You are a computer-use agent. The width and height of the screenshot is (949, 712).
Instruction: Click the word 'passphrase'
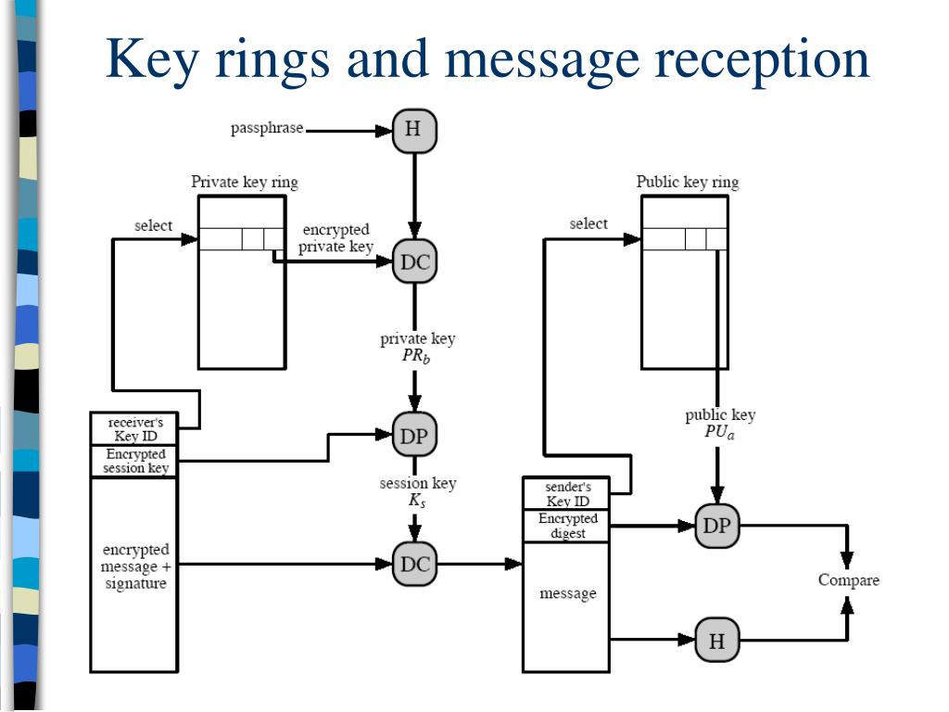[x=267, y=128]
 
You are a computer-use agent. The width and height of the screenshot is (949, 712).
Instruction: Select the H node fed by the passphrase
[x=414, y=130]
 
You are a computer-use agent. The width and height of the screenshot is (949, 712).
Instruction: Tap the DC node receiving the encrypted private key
[x=414, y=261]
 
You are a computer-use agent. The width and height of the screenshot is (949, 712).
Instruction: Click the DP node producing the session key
[x=414, y=435]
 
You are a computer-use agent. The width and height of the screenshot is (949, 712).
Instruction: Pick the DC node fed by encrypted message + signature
[x=414, y=564]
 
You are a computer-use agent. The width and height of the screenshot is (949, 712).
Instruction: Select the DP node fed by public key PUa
[x=717, y=526]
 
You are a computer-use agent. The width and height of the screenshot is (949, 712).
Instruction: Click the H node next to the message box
[x=717, y=640]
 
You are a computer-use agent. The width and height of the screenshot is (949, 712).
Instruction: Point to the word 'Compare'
[x=849, y=580]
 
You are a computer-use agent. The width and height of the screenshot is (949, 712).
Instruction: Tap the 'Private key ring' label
[x=245, y=183]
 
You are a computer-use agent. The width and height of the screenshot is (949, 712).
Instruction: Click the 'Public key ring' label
[x=688, y=183]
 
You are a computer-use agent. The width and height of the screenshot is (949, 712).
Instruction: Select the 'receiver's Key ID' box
[x=134, y=428]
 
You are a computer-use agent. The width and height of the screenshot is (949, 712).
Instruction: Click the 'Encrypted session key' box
[x=134, y=462]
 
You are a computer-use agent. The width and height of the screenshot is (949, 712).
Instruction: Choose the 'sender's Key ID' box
[x=566, y=493]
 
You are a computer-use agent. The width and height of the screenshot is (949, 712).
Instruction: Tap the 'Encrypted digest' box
[x=566, y=526]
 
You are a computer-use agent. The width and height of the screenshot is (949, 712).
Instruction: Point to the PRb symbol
[x=416, y=355]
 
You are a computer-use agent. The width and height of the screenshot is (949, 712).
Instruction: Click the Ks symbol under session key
[x=416, y=501]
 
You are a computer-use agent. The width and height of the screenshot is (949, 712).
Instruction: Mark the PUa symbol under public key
[x=719, y=432]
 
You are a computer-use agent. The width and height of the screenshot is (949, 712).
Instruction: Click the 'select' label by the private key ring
[x=153, y=225]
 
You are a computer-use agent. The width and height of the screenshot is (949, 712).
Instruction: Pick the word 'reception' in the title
[x=762, y=60]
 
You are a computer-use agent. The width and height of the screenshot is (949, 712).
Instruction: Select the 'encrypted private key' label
[x=335, y=238]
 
